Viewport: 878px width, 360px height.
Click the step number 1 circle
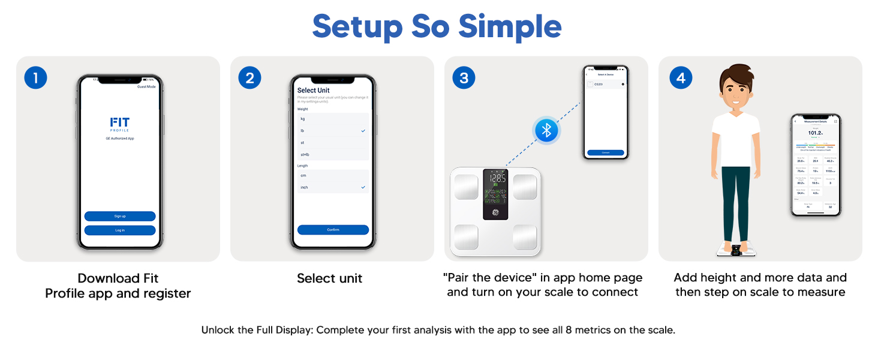35,78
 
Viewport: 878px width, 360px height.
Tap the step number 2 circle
249,78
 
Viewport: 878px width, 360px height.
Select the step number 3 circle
464,78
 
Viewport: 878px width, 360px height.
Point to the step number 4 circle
681,78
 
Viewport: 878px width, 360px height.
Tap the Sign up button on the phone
120,216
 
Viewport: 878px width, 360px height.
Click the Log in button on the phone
120,230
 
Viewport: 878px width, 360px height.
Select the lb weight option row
333,131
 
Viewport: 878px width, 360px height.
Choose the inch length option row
333,187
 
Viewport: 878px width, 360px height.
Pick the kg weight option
333,119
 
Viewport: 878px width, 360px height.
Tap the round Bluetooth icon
546,131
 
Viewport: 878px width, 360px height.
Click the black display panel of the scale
495,194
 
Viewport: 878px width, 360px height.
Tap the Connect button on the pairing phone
606,152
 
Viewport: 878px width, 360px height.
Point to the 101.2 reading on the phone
814,133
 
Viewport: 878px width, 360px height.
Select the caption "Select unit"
330,278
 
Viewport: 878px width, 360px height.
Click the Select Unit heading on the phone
314,91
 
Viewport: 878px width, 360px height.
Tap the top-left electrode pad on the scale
467,187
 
